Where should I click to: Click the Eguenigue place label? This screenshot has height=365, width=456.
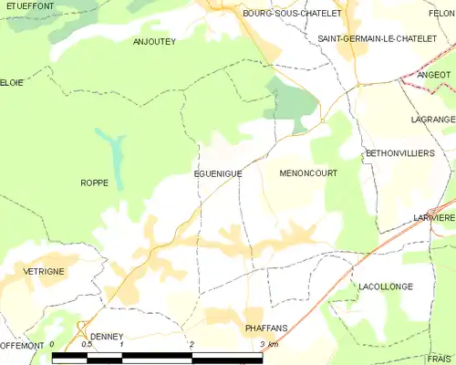tap(216, 172)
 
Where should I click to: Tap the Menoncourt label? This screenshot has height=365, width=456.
tap(308, 172)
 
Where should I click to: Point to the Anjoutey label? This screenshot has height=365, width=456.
tap(154, 41)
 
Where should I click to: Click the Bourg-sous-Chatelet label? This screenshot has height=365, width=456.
tap(279, 14)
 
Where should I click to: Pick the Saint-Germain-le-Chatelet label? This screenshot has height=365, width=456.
tap(370, 39)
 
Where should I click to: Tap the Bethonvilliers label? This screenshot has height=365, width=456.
tap(399, 153)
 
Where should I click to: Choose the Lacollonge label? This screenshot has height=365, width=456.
tap(386, 287)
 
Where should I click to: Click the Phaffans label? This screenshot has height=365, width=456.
tap(267, 327)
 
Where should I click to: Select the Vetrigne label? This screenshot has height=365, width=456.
tap(36, 272)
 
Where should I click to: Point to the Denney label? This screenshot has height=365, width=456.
tap(105, 336)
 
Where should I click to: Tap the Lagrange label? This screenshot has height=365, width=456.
tap(433, 120)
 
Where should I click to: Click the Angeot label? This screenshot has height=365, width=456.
tap(433, 75)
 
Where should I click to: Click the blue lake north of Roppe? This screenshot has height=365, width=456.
tap(112, 148)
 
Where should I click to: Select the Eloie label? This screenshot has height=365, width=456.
tap(12, 81)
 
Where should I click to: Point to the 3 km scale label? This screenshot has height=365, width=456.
tap(268, 344)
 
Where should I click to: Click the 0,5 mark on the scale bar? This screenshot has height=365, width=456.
tap(87, 344)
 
